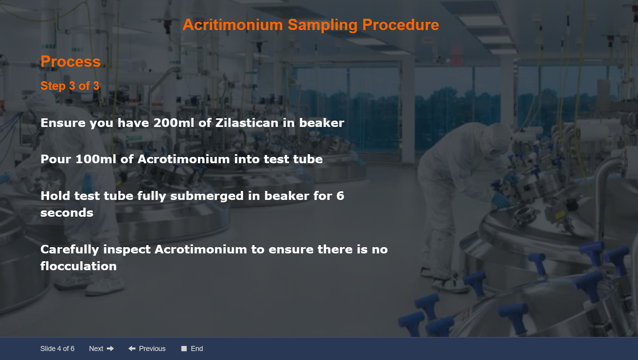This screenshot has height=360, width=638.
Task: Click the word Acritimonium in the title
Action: (x=233, y=25)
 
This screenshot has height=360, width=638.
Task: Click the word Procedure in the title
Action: (x=400, y=25)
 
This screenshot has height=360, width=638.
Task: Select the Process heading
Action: (x=71, y=62)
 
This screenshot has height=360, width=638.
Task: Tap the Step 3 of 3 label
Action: (x=70, y=86)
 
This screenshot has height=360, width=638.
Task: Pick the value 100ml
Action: (x=96, y=159)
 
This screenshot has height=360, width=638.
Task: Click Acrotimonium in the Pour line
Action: (x=183, y=159)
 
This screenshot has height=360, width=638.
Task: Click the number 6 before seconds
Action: (x=340, y=196)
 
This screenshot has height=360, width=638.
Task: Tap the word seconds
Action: (x=67, y=213)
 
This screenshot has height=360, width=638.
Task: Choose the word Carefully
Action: (x=70, y=250)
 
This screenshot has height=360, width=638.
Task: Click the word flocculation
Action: (x=78, y=266)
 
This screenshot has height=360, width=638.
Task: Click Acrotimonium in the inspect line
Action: (x=201, y=250)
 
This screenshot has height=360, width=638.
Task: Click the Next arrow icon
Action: (x=110, y=349)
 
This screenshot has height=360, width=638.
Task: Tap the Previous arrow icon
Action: (x=132, y=349)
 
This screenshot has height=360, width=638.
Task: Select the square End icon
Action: (x=184, y=349)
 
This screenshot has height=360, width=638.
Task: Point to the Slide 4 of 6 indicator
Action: (x=57, y=349)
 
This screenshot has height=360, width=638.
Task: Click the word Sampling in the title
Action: (x=322, y=25)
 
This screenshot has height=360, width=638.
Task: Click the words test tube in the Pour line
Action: (x=293, y=159)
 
